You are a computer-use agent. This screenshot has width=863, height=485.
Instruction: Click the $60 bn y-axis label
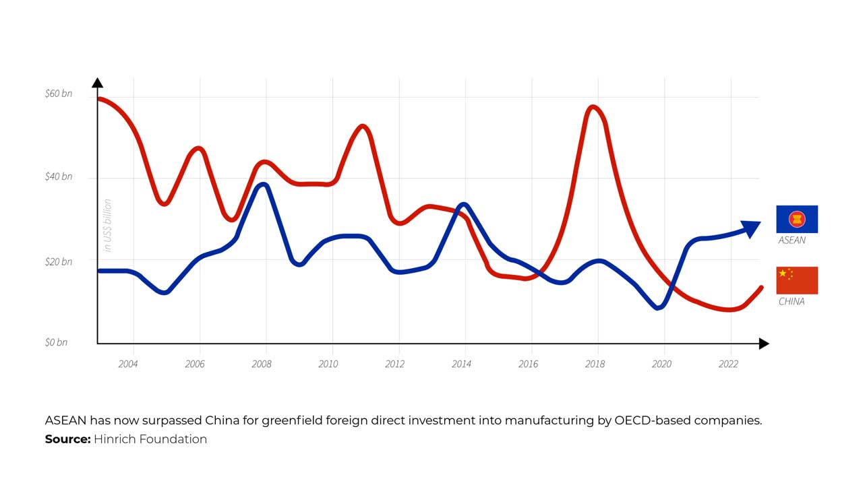click(x=58, y=94)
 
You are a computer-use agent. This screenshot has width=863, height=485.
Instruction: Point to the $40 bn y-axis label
click(x=58, y=176)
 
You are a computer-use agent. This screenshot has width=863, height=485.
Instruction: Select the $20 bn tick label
click(x=58, y=261)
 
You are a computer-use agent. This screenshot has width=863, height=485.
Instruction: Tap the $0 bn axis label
click(x=57, y=342)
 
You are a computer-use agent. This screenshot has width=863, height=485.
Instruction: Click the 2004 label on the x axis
click(x=128, y=364)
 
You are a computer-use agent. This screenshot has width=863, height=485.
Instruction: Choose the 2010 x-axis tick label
click(x=328, y=364)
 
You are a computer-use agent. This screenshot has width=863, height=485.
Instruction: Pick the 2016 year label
click(x=528, y=364)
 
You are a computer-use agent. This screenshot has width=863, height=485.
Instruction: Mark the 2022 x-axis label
click(x=728, y=364)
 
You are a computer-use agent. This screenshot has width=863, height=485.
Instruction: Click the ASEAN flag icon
click(x=797, y=219)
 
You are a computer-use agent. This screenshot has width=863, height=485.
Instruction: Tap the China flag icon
click(x=797, y=280)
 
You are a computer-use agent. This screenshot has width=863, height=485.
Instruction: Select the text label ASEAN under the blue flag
click(x=792, y=240)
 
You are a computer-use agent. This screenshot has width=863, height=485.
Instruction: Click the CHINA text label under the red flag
click(x=792, y=301)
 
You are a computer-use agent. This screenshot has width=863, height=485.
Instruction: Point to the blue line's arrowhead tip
click(x=759, y=226)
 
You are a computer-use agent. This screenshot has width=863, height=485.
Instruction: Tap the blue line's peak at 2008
click(x=264, y=185)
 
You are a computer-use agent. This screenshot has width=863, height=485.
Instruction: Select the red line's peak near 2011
click(x=363, y=127)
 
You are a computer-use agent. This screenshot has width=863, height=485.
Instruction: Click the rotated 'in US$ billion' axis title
click(x=107, y=226)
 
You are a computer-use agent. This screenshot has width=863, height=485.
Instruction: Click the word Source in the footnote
click(x=67, y=439)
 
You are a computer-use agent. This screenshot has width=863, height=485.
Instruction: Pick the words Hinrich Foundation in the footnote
click(x=150, y=439)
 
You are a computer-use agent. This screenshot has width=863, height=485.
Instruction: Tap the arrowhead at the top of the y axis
click(x=97, y=83)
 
